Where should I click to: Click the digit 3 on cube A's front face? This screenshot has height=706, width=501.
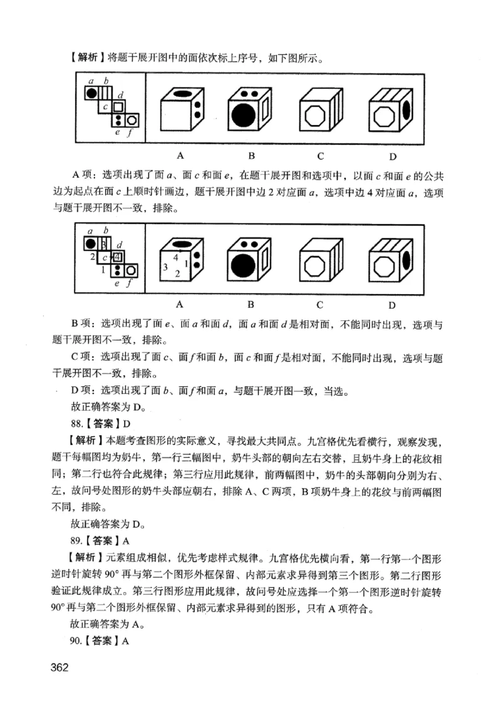tap(165, 267)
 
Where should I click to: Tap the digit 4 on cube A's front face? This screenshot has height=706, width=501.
tap(176, 257)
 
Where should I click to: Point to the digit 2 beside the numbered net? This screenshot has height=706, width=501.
tap(91, 257)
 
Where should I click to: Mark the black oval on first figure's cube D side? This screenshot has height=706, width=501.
tap(407, 109)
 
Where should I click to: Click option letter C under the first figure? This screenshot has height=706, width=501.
tap(319, 155)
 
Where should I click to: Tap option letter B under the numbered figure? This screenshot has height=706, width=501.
tap(250, 305)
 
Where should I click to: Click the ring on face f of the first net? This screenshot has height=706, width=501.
tap(132, 119)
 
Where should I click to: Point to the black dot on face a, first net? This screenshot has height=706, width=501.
tap(91, 93)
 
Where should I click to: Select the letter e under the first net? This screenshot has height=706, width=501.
tap(116, 132)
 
